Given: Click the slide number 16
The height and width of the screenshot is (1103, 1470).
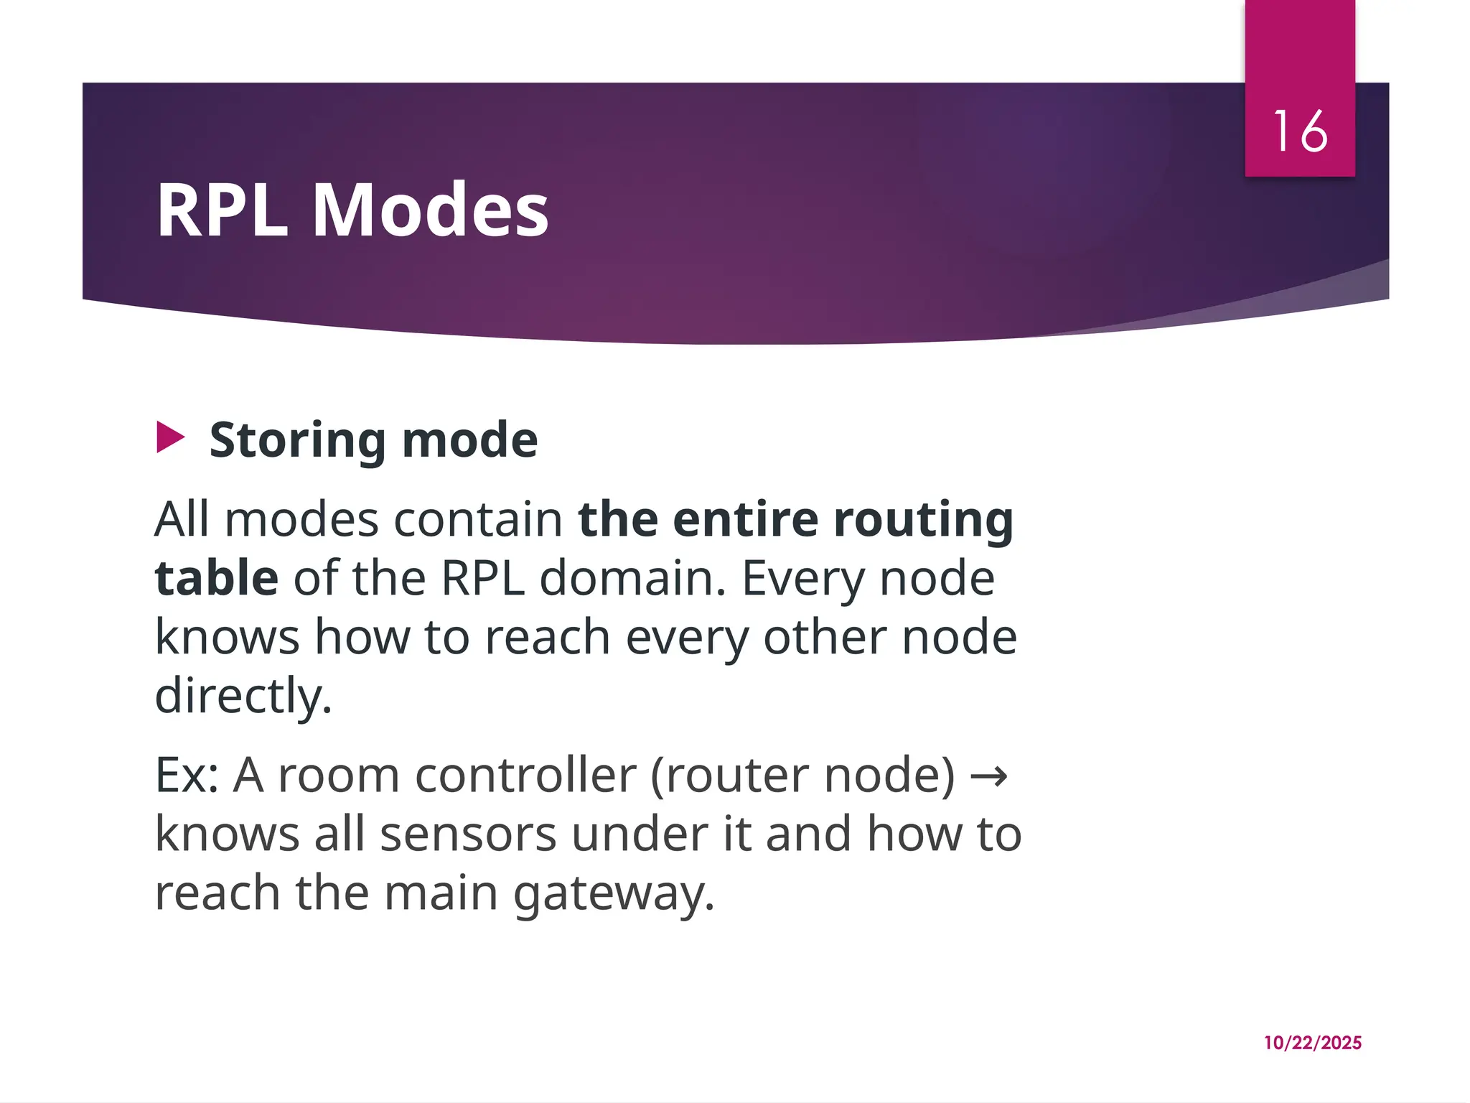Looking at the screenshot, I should click(x=1300, y=131).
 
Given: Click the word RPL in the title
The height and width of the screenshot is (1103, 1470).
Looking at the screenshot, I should click(x=222, y=210).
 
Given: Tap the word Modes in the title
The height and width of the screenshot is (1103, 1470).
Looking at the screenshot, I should click(x=431, y=210).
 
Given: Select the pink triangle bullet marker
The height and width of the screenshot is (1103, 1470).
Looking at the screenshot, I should click(x=170, y=438).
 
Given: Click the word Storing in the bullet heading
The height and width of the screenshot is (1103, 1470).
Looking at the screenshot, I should click(x=297, y=440).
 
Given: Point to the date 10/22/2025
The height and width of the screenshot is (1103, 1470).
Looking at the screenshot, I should click(x=1312, y=1043).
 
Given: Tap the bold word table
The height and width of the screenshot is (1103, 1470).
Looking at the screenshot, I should click(x=216, y=578).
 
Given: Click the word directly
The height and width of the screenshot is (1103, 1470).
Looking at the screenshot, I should click(x=243, y=696).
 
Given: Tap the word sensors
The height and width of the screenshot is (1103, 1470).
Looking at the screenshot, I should click(x=468, y=834).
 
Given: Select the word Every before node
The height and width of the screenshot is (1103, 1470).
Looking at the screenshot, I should click(x=802, y=578).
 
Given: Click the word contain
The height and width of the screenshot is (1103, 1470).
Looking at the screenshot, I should click(x=478, y=519).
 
